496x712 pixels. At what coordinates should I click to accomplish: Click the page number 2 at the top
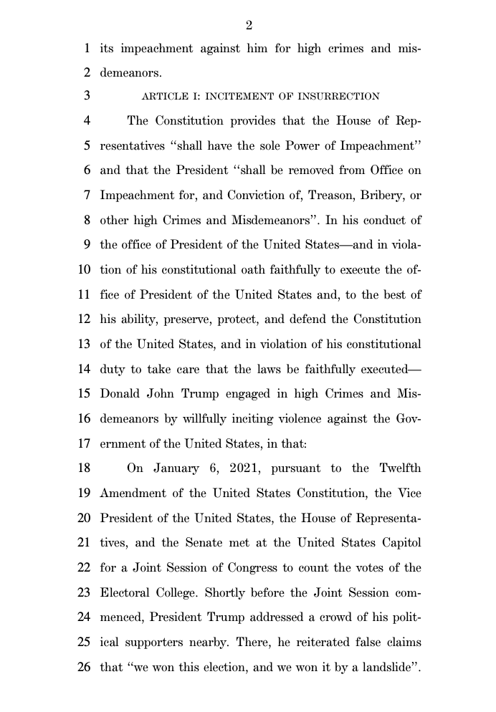pos(249,26)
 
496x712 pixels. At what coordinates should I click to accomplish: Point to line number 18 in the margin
pos(83,469)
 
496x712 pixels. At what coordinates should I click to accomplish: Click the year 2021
pos(249,469)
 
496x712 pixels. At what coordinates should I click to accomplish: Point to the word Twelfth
pos(396,469)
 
